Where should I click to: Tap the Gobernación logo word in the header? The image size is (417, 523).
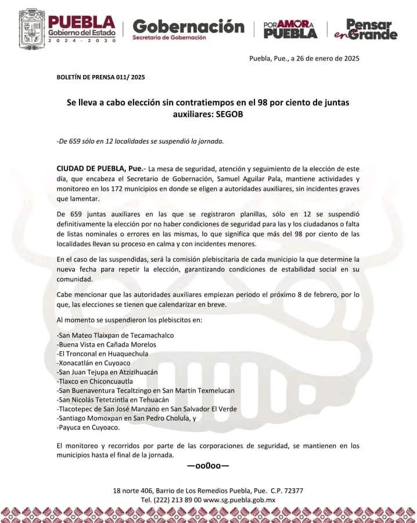[x=188, y=26]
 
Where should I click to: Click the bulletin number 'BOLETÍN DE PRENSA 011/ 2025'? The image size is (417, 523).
[x=100, y=77]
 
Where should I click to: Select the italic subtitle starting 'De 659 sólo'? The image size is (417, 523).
[x=140, y=141]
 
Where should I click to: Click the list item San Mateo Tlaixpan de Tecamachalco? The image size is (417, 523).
[x=115, y=335]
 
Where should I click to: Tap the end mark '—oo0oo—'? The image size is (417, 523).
[x=208, y=466]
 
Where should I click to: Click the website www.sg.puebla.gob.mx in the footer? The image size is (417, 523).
[x=239, y=500]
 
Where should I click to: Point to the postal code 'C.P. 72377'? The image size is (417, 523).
[x=283, y=490]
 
